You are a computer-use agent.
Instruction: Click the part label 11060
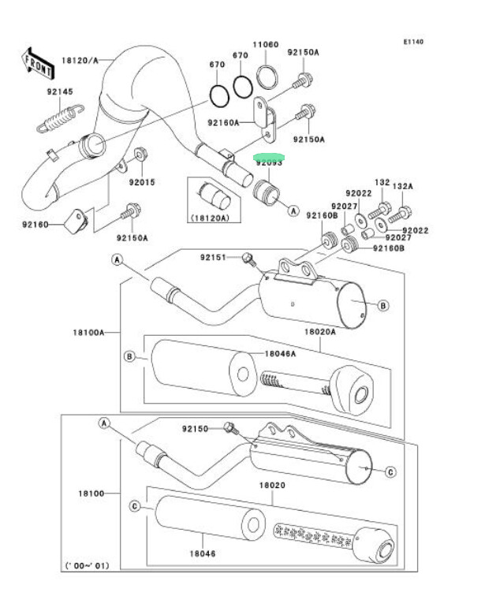click(265, 45)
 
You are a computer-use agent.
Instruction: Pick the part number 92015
click(143, 182)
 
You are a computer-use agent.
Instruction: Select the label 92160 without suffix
click(36, 225)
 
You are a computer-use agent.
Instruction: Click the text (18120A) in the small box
click(209, 216)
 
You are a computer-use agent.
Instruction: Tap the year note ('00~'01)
click(90, 565)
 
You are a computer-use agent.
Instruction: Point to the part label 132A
click(402, 186)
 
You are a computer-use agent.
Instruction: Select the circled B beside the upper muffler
click(382, 305)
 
